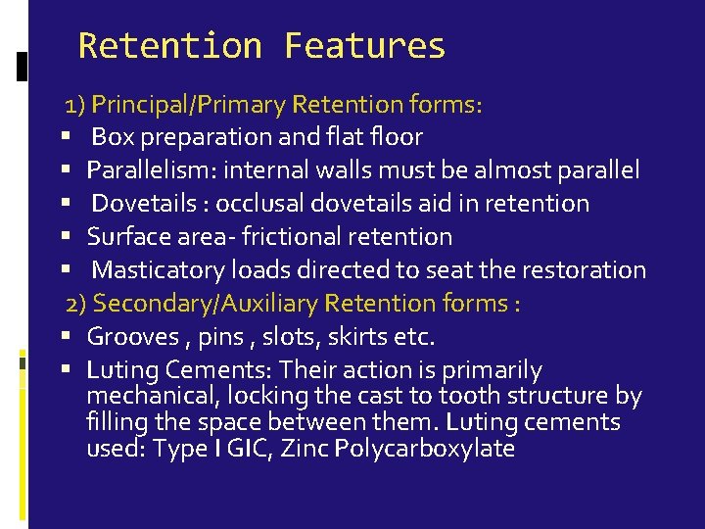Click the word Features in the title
tap(364, 46)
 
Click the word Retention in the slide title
tap(169, 46)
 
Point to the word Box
tap(114, 137)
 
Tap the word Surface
tap(126, 237)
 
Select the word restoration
tap(584, 269)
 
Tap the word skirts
tap(352, 337)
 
